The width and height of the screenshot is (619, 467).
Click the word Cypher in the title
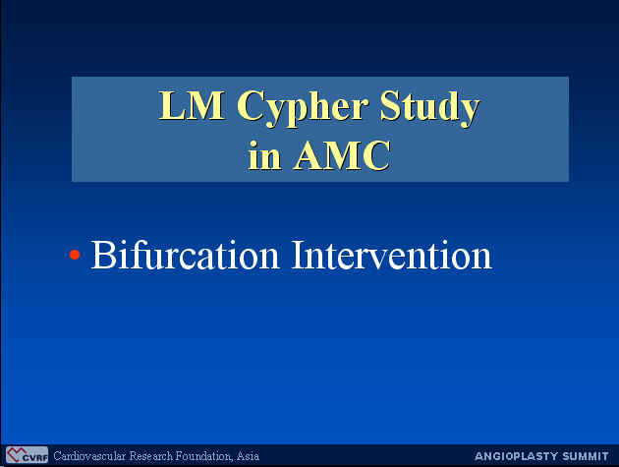(303, 107)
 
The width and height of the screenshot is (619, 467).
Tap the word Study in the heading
(429, 107)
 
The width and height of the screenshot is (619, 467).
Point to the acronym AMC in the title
(342, 155)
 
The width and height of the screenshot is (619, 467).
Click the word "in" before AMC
(264, 155)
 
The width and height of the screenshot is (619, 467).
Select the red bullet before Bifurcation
(75, 255)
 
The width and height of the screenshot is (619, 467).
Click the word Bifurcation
(185, 255)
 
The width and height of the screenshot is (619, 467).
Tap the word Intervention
(392, 256)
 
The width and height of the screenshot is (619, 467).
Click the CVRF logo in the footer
(27, 455)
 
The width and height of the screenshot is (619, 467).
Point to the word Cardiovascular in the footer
(89, 456)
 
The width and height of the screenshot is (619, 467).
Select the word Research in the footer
(150, 456)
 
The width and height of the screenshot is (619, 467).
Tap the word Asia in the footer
(248, 456)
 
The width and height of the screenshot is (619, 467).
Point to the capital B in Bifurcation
(101, 256)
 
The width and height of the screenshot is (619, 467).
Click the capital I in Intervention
(298, 256)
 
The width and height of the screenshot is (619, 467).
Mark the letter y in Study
(469, 113)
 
